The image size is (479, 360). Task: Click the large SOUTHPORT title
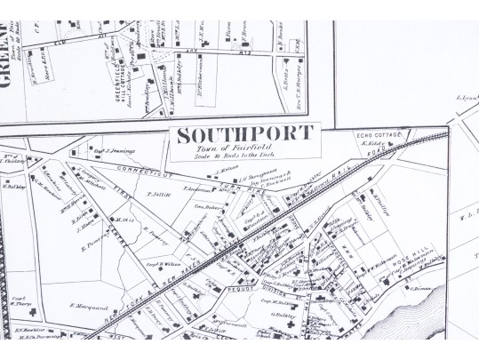pyautogui.click(x=244, y=135)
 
